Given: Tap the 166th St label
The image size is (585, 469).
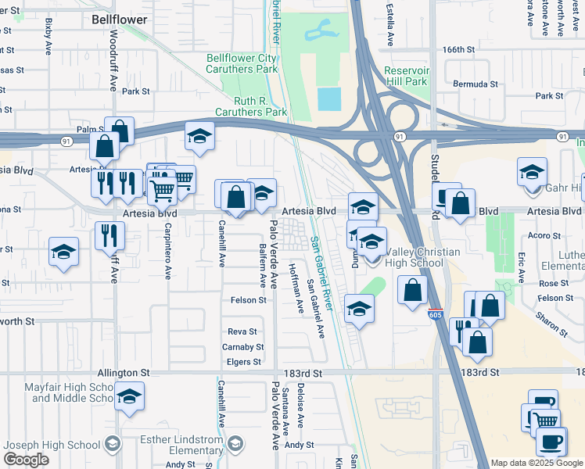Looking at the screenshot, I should click(x=460, y=49).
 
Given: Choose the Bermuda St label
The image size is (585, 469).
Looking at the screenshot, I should click(x=476, y=84).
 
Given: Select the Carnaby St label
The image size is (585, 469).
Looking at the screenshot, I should click(x=242, y=346).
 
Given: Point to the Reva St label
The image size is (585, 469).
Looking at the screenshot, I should click(x=242, y=331).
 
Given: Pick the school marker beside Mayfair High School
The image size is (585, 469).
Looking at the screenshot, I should click(x=129, y=396).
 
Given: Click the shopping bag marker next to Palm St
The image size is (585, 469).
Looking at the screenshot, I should click(x=120, y=131).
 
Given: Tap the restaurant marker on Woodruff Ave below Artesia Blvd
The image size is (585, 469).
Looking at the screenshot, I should click(x=109, y=234).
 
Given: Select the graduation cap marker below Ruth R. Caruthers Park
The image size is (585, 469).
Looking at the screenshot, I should click(x=199, y=136).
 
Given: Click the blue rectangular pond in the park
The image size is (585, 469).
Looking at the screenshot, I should click(x=329, y=98).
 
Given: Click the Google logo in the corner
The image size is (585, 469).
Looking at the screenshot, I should click(x=27, y=460).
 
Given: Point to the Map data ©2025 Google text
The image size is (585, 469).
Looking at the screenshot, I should click(x=537, y=463).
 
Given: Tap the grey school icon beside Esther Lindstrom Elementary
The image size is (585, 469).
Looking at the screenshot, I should click(x=113, y=444).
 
